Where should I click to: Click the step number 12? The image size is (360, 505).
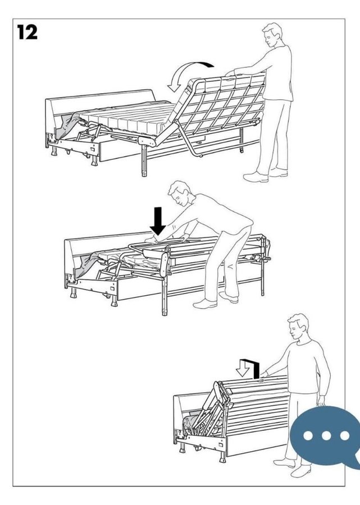tap(27, 33)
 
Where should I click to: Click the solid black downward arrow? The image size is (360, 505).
tap(158, 221)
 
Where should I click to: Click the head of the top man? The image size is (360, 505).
tap(272, 35)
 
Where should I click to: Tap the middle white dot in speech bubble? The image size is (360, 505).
tap(326, 436)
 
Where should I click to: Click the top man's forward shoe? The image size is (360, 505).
tap(256, 177)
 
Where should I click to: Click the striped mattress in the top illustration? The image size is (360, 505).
tap(129, 118)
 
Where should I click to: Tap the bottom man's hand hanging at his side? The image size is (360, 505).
tap(321, 401)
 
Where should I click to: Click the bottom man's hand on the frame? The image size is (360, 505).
tap(265, 374)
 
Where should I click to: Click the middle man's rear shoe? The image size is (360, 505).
tap(228, 297)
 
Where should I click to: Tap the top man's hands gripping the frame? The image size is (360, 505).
tap(230, 73)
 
